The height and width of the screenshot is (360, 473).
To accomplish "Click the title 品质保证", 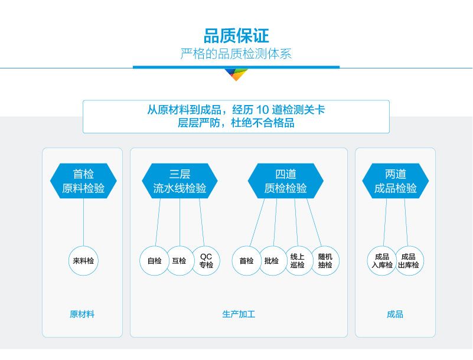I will (236, 35).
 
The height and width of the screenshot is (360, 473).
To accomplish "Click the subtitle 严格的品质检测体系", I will (236, 54).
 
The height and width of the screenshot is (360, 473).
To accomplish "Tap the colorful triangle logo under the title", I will (236, 74).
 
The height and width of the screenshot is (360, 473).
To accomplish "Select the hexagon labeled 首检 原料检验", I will (83, 181).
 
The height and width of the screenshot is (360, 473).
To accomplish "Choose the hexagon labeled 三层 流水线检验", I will (180, 181).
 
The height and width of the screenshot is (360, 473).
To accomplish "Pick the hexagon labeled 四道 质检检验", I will (286, 181).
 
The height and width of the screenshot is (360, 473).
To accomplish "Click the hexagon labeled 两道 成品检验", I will (395, 181).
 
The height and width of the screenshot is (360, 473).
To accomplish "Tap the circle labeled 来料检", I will (83, 261).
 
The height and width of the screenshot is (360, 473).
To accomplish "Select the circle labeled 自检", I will (154, 261).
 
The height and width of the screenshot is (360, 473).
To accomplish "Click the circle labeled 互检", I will (179, 261).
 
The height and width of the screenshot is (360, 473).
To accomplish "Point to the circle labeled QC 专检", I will (206, 261).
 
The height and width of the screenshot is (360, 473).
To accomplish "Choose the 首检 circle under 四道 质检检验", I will (246, 261).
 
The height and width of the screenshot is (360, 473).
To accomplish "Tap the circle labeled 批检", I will (272, 261).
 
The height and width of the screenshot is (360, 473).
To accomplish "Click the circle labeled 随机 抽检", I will (325, 261).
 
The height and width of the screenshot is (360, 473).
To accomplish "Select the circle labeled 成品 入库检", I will (381, 261).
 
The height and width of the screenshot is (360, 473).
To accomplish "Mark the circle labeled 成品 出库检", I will (409, 261).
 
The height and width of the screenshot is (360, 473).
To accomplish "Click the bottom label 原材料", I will (82, 315).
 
